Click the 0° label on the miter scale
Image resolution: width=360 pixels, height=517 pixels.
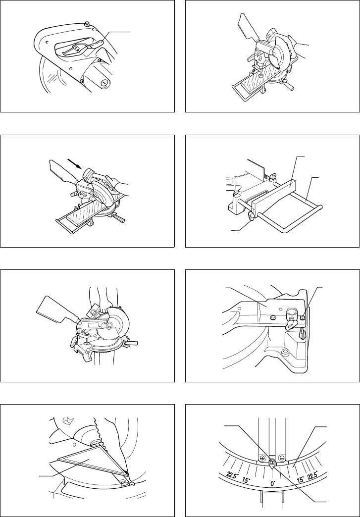coord(273,483)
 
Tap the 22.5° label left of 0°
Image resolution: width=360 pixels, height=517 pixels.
coord(232,475)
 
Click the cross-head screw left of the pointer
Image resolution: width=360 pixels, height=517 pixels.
coord(262,458)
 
